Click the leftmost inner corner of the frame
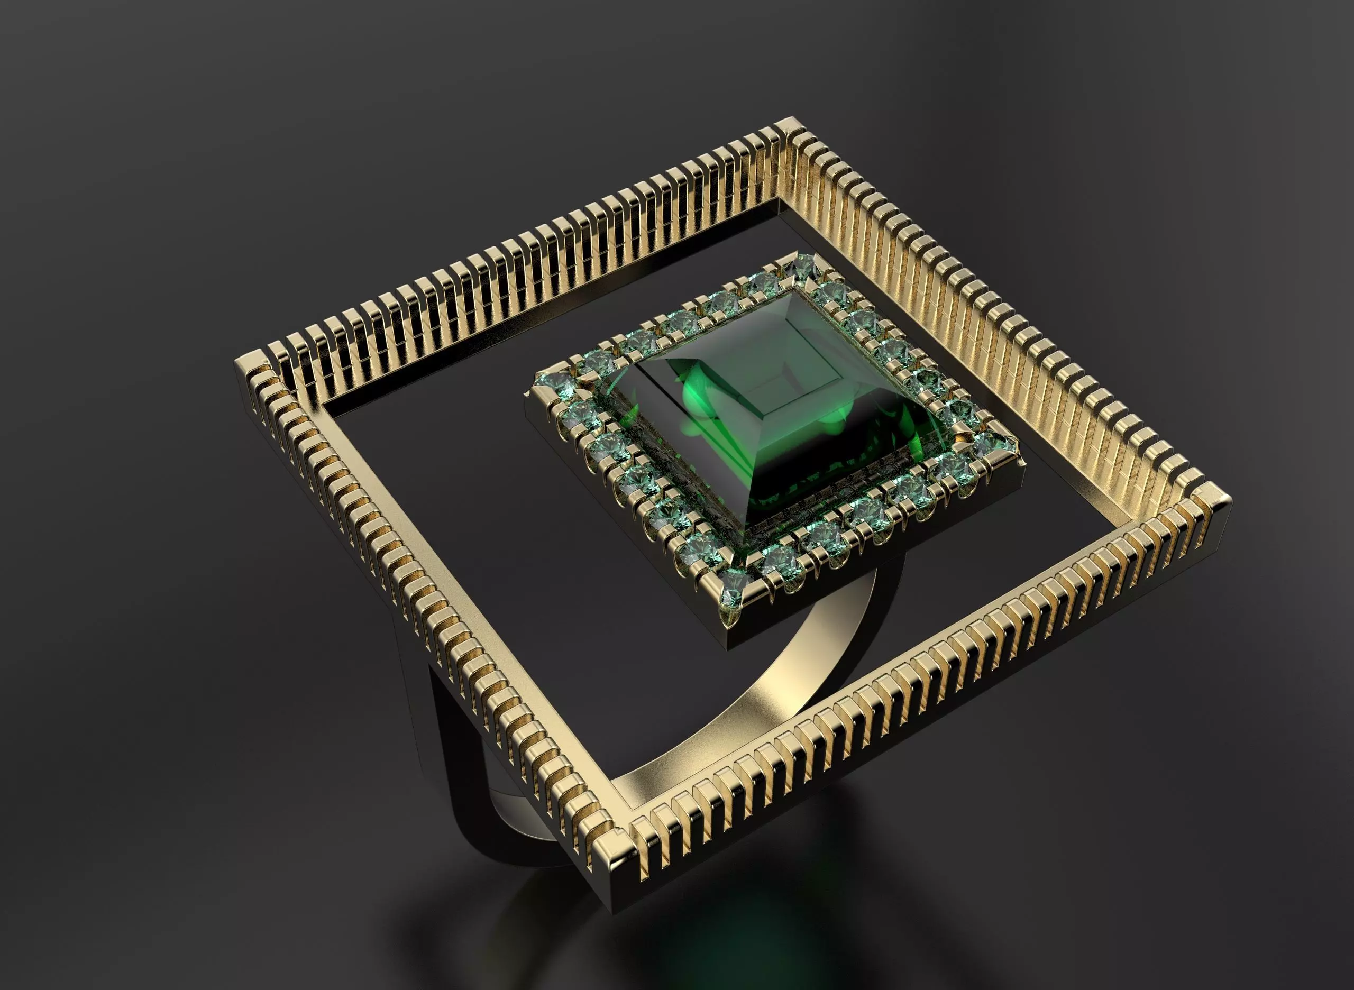click(324, 414)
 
